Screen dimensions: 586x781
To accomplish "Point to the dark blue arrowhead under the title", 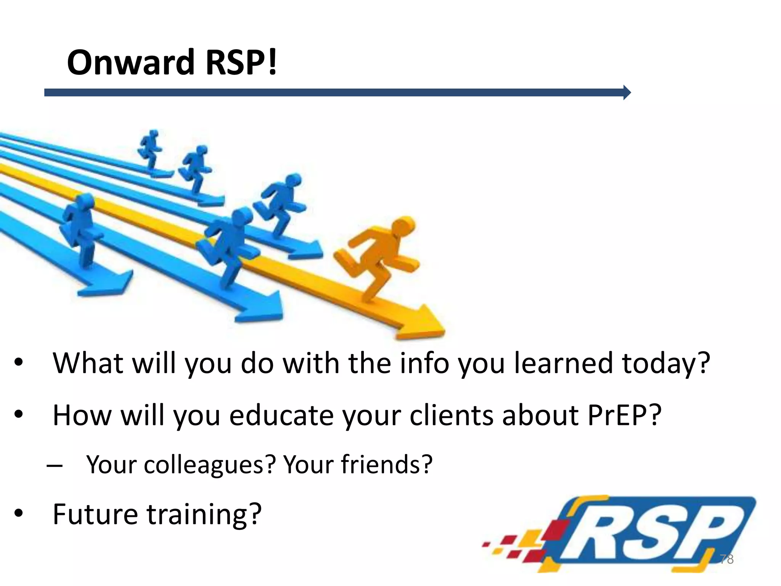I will pyautogui.click(x=627, y=92).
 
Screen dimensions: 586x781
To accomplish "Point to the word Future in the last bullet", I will pyautogui.click(x=95, y=514).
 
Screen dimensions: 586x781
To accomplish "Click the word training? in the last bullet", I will pyautogui.click(x=204, y=515).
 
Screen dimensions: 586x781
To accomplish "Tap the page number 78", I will pyautogui.click(x=726, y=559).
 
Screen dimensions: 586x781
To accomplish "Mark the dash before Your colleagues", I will pyautogui.click(x=54, y=465).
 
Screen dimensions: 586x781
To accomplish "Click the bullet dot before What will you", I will pyautogui.click(x=19, y=362).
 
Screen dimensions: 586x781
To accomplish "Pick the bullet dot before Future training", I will pyautogui.click(x=19, y=514).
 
